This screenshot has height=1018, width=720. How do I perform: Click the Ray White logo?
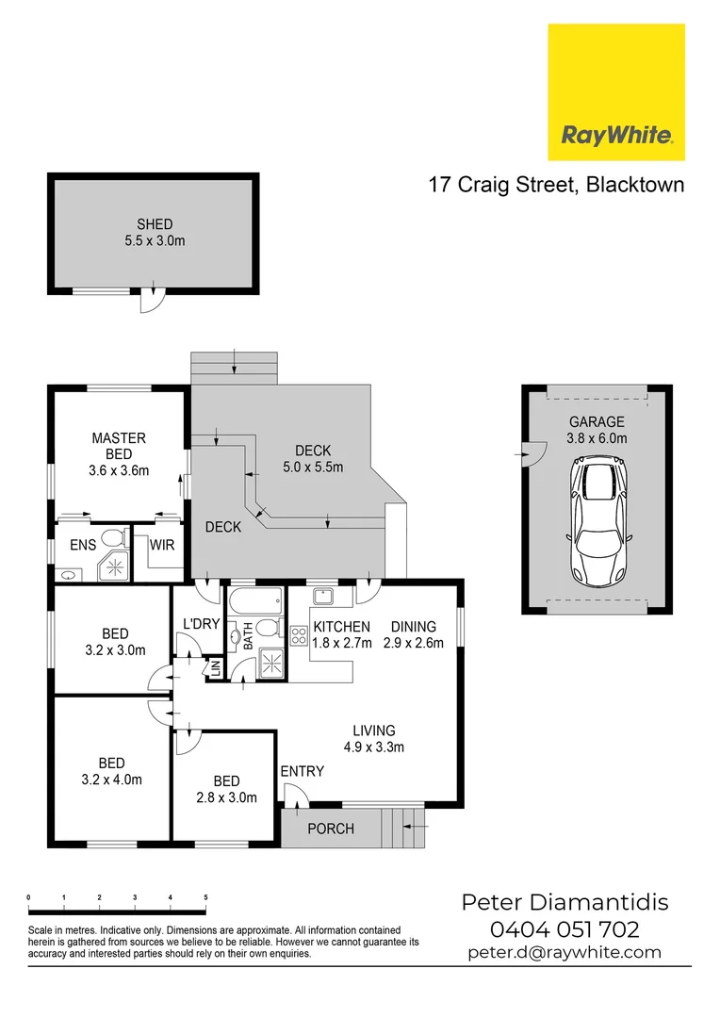pos(616,91)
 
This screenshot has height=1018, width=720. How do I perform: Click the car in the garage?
pos(596,521)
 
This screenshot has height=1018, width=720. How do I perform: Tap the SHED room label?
pos(155,224)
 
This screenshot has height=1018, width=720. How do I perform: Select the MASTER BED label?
pos(119,446)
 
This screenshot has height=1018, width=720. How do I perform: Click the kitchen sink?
pos(323,597)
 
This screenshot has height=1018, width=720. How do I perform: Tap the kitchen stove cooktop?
pos(300,635)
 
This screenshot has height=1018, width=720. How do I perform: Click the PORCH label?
pos(331,829)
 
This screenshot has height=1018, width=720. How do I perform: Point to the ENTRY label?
pos(302,771)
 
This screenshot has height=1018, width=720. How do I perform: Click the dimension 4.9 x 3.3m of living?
pos(373,747)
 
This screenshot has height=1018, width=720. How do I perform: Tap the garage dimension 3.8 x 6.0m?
pos(596,438)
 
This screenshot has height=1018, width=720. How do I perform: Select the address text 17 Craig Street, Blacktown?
pos(556,184)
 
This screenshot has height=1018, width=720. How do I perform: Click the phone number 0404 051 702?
pos(565,929)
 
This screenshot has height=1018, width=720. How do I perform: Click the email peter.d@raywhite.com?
pos(565,952)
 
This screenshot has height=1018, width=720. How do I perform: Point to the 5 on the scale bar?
pos(205,897)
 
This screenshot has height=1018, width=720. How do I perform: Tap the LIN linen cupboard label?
pos(215,667)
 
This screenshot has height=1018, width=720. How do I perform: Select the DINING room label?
pos(413,626)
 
